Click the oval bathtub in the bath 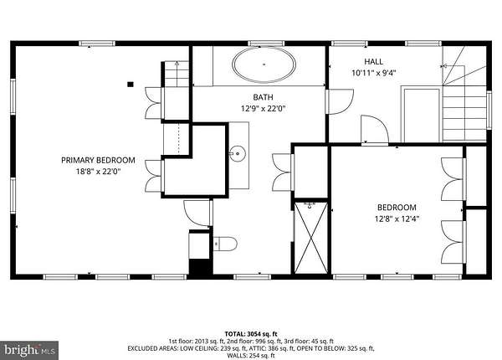(x=264, y=64)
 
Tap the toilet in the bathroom (x=225, y=244)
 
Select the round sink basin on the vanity (x=238, y=153)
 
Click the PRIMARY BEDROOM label (x=98, y=160)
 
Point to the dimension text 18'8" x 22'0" (x=98, y=172)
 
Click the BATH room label (x=264, y=97)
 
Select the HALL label (x=374, y=61)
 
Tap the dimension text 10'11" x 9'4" (x=374, y=73)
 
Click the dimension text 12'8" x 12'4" (x=397, y=219)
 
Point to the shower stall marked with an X (x=311, y=238)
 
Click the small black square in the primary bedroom (x=131, y=85)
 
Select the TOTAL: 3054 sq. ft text (x=251, y=334)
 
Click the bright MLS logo (x=29, y=350)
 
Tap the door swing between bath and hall (x=340, y=101)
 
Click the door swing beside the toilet (x=198, y=213)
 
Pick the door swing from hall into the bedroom (x=375, y=130)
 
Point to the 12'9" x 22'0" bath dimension (x=264, y=109)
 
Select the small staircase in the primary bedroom (x=177, y=74)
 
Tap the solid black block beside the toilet (x=200, y=267)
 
